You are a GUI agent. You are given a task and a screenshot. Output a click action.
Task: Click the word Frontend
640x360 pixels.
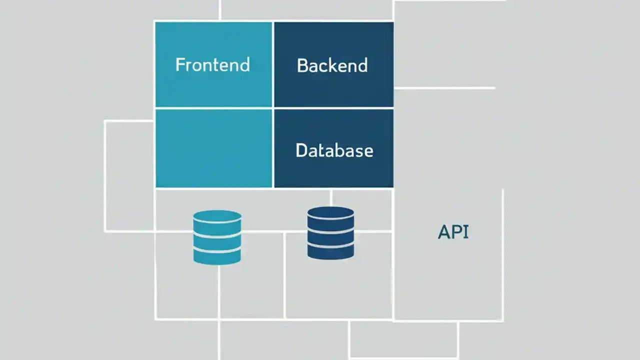point(212,65)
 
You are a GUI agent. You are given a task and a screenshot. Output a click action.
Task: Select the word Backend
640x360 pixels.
point(332,65)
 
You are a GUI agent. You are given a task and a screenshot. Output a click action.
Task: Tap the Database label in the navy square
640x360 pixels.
point(334,150)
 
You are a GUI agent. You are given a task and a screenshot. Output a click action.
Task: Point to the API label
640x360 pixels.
point(453,232)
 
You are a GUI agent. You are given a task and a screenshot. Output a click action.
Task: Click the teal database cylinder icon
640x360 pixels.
point(217,237)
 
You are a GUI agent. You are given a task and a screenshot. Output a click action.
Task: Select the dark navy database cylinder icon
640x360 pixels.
point(330,233)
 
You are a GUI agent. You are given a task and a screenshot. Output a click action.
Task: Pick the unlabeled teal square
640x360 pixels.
point(213,148)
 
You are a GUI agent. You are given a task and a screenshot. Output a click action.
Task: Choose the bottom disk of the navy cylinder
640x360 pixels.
point(330,251)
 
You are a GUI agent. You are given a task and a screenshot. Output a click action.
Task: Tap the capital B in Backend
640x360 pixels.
point(302,65)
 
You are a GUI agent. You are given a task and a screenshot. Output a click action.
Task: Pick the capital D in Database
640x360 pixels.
point(301,150)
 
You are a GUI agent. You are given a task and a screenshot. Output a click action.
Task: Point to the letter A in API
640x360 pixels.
point(443,232)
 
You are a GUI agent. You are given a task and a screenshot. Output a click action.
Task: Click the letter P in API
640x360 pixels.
point(456,232)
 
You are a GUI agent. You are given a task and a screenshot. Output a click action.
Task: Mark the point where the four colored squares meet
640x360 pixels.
point(273,108)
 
